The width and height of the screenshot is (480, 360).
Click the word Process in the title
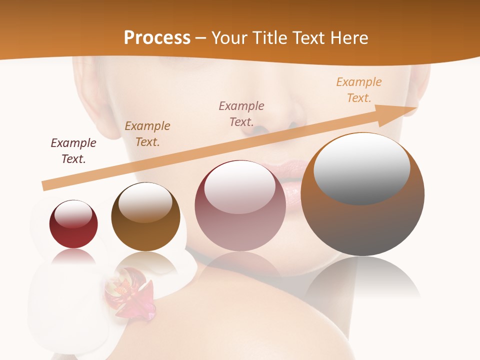coord(157,38)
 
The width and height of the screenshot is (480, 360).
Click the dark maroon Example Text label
coord(73,150)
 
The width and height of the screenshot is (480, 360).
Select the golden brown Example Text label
coord(147,133)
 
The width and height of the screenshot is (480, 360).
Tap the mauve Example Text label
coord(241,113)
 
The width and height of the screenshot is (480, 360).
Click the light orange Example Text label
coord(358,89)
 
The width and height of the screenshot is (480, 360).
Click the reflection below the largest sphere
coord(362,280)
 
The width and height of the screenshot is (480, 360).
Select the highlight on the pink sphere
coord(239,189)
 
